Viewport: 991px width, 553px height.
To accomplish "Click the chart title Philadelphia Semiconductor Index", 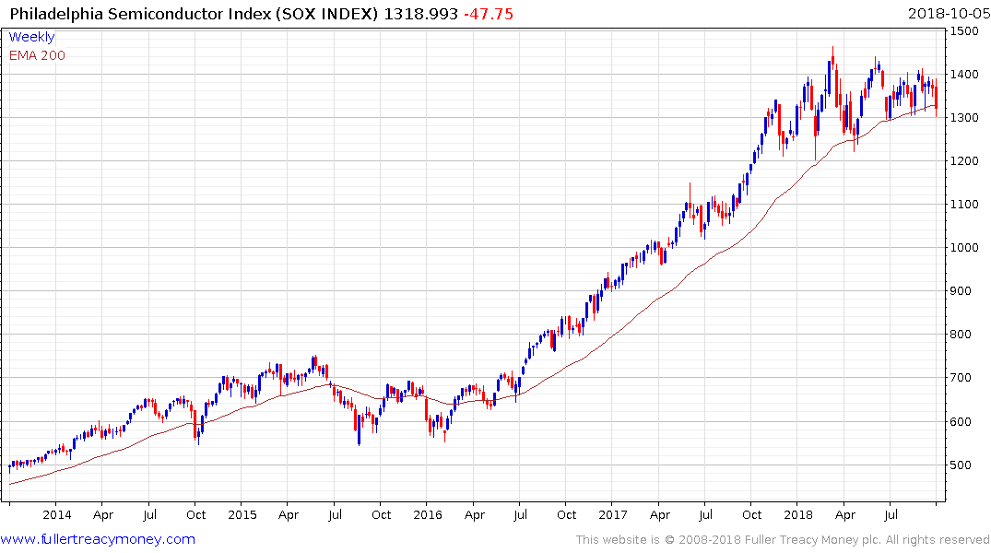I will click(189, 14).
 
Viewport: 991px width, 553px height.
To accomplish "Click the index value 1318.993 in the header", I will click(420, 14).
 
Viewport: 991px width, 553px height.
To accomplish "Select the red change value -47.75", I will click(490, 14).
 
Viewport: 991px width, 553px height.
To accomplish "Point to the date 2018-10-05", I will click(947, 14).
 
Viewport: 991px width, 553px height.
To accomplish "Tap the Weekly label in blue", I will click(31, 37).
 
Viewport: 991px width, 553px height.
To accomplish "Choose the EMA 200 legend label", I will click(37, 54).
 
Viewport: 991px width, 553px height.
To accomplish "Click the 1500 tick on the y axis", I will click(965, 31).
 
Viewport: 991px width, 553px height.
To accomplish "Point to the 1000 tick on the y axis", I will click(965, 248).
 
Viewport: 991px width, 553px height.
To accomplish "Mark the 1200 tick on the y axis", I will click(965, 161).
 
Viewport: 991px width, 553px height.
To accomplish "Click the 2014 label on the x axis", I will click(56, 515).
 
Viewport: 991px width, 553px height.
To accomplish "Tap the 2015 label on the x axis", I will click(242, 515).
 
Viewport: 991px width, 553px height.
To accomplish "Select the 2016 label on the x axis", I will click(428, 515).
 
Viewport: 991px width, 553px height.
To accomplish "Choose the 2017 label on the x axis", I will click(614, 515).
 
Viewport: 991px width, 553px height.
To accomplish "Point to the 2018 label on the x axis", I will click(799, 515).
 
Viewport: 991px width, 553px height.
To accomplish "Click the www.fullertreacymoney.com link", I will click(98, 539).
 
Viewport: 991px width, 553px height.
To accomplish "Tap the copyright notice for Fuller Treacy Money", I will click(783, 539).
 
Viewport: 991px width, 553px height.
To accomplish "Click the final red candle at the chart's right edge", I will click(936, 97).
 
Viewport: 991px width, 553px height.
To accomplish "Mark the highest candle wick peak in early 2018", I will click(832, 48).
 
